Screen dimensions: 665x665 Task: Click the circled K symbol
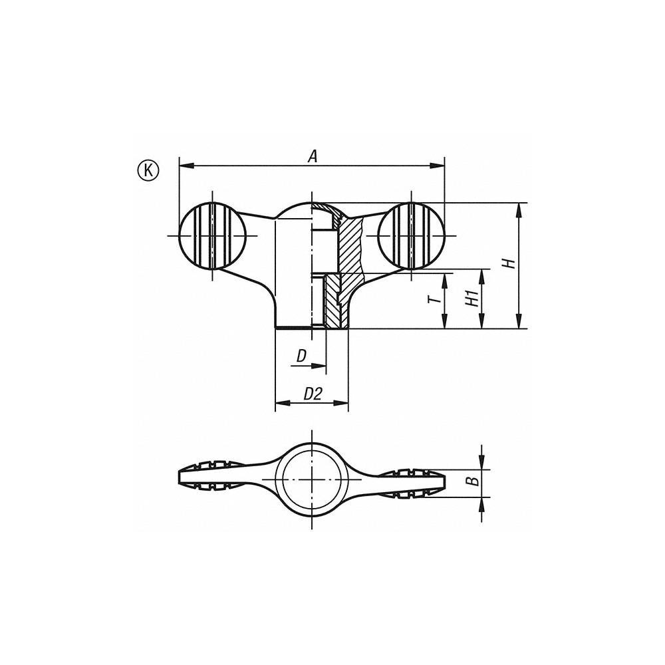pyautogui.click(x=148, y=170)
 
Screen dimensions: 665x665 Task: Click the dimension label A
pyautogui.click(x=313, y=156)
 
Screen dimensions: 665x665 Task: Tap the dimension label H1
pyautogui.click(x=472, y=299)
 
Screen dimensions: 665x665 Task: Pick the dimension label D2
pyautogui.click(x=313, y=394)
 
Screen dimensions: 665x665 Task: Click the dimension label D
pyautogui.click(x=302, y=356)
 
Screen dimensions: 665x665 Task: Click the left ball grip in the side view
pyautogui.click(x=212, y=235)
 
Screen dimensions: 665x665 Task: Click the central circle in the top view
pyautogui.click(x=311, y=479)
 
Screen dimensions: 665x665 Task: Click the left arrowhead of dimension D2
pyautogui.click(x=280, y=402)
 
